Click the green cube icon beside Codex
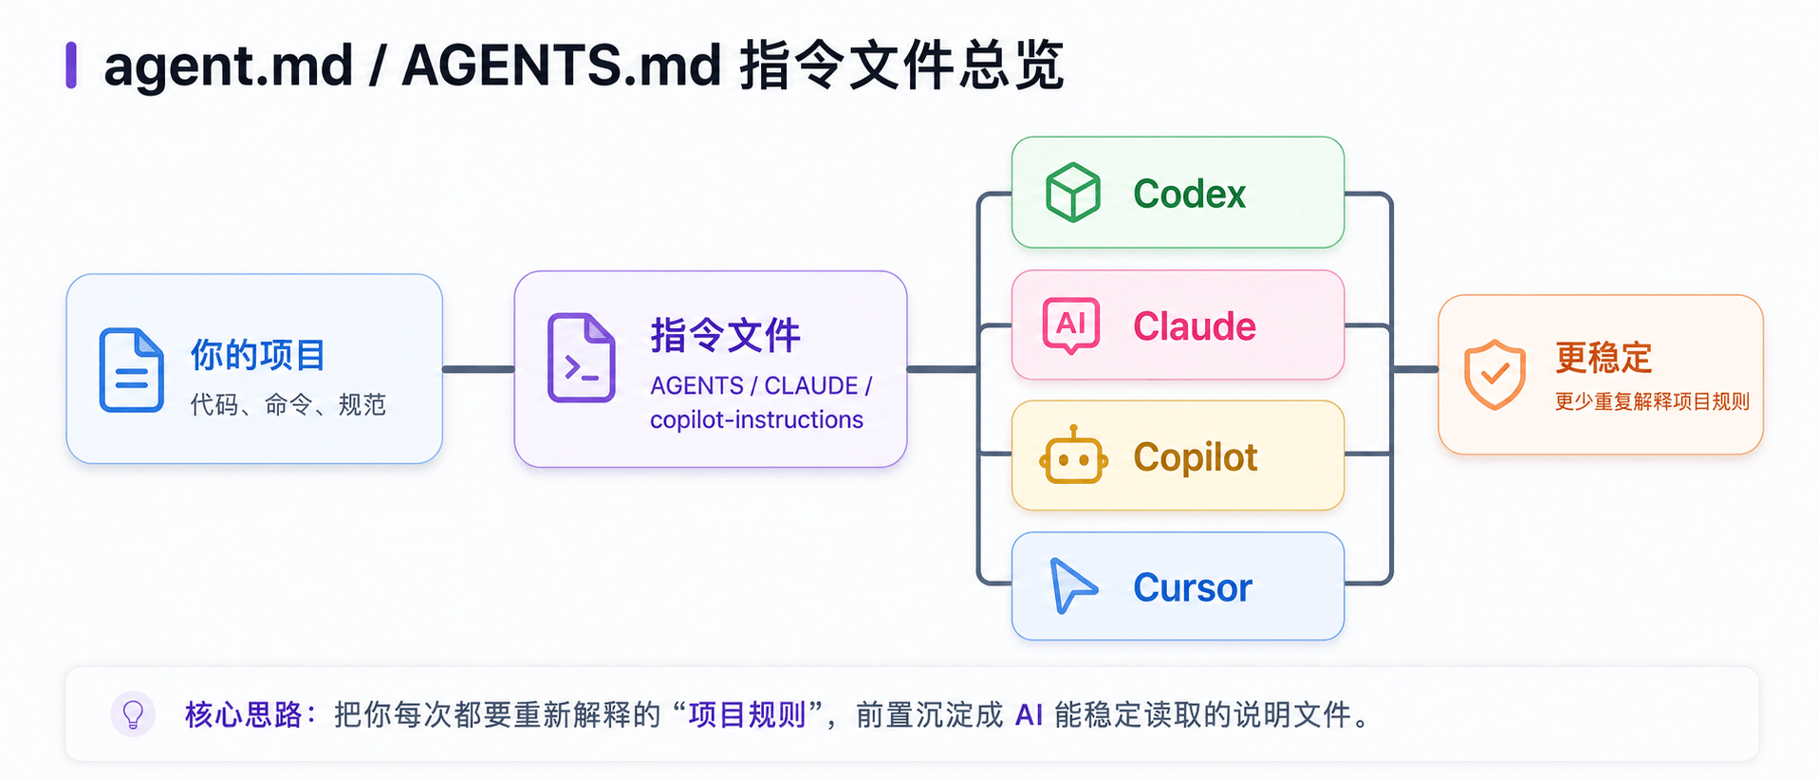click(1072, 193)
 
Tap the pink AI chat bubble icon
click(1071, 325)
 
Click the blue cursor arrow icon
click(1072, 585)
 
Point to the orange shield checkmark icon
click(1494, 374)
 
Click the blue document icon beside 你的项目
click(132, 370)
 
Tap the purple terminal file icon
click(582, 358)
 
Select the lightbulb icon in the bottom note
click(134, 714)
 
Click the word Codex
click(1189, 194)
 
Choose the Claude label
click(1195, 326)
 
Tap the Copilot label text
click(1196, 457)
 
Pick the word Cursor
click(1193, 588)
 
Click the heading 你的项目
click(258, 355)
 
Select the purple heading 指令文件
click(726, 335)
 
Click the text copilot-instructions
click(756, 419)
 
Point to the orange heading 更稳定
click(1604, 358)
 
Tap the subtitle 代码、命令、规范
click(288, 404)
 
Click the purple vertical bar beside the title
click(71, 65)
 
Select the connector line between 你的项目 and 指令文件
click(478, 369)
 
